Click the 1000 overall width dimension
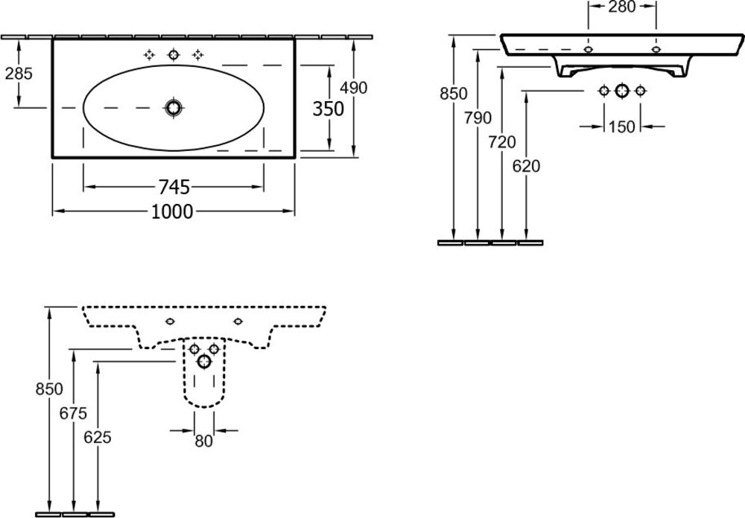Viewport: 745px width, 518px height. pyautogui.click(x=172, y=211)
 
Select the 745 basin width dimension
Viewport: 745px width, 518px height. pyautogui.click(x=172, y=185)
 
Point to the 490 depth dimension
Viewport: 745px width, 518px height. pyautogui.click(x=353, y=87)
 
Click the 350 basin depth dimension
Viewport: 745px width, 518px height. pyautogui.click(x=328, y=109)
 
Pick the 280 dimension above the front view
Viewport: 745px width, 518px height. pyautogui.click(x=621, y=7)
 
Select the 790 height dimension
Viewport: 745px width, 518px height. pyautogui.click(x=478, y=117)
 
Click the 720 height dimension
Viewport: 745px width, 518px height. pyautogui.click(x=503, y=141)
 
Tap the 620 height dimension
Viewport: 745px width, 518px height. pyautogui.click(x=527, y=166)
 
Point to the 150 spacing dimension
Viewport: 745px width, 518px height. pyautogui.click(x=621, y=127)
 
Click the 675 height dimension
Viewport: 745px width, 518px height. pyautogui.click(x=73, y=412)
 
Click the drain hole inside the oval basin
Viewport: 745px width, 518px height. pyautogui.click(x=174, y=108)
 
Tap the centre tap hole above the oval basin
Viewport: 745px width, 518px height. pyautogui.click(x=174, y=54)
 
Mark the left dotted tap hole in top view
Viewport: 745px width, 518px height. pyautogui.click(x=149, y=54)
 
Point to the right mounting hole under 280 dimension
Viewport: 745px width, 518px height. pyautogui.click(x=656, y=50)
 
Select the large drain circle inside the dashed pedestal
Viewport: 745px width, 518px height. pyautogui.click(x=203, y=362)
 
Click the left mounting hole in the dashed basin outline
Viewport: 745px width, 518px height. pyautogui.click(x=171, y=322)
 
